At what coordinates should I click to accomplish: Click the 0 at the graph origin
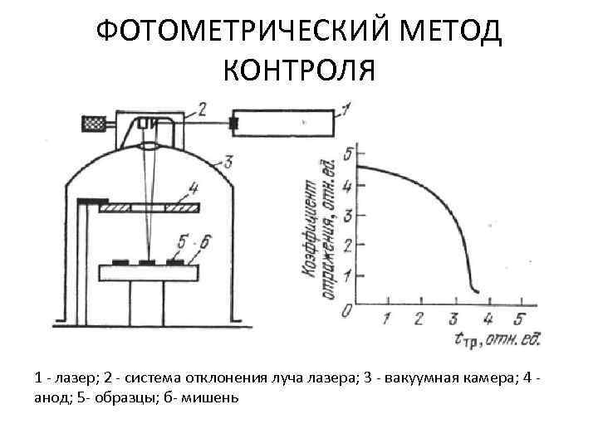click(x=346, y=309)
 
